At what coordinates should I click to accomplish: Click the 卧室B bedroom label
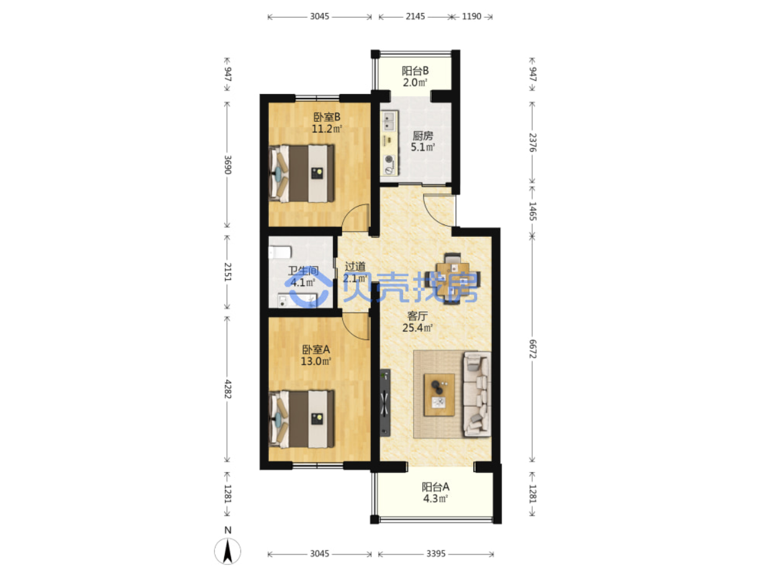click(x=327, y=117)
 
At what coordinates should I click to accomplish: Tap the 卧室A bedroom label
click(x=316, y=349)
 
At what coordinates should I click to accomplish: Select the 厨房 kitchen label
click(x=422, y=136)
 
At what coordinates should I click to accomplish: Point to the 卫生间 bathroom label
click(x=303, y=270)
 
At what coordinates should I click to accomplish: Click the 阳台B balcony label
click(x=415, y=71)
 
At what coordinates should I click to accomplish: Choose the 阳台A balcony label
click(x=435, y=487)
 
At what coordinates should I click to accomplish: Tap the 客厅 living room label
click(x=417, y=316)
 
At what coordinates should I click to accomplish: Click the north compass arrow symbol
click(x=227, y=551)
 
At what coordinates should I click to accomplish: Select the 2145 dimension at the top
click(x=415, y=16)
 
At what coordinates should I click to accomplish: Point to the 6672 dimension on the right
click(x=532, y=349)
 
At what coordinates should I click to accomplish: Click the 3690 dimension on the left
click(x=227, y=165)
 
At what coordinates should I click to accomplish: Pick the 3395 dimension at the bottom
click(x=435, y=554)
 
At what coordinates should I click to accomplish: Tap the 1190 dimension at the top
click(x=471, y=16)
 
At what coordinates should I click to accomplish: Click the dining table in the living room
click(x=452, y=279)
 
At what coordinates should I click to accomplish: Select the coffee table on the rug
click(x=439, y=395)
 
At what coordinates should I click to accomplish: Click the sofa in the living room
click(x=477, y=394)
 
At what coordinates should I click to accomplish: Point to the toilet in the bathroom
click(x=280, y=252)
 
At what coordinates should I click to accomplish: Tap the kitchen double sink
click(x=389, y=121)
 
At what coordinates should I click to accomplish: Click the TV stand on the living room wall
click(x=385, y=403)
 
